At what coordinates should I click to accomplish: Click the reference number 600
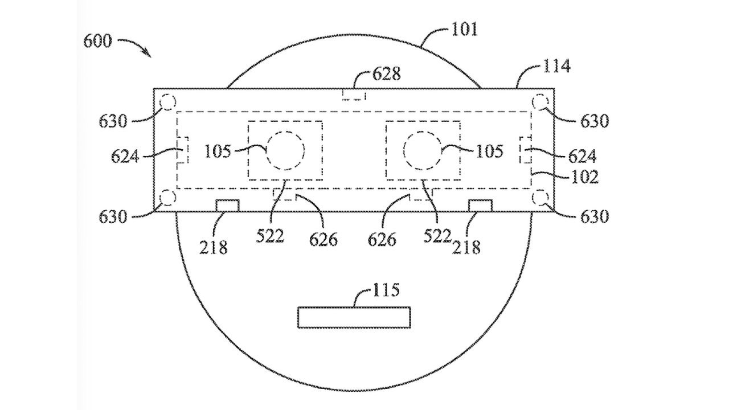pyautogui.click(x=97, y=42)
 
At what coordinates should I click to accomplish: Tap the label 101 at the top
pyautogui.click(x=464, y=30)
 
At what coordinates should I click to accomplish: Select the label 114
pyautogui.click(x=556, y=66)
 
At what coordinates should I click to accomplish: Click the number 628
pyautogui.click(x=386, y=74)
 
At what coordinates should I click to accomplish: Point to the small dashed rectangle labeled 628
pyautogui.click(x=354, y=95)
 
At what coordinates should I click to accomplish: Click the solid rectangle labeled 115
pyautogui.click(x=354, y=317)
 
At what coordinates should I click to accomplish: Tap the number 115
pyautogui.click(x=386, y=290)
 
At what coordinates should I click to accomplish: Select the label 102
pyautogui.click(x=584, y=177)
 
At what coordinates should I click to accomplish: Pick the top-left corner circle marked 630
pyautogui.click(x=168, y=102)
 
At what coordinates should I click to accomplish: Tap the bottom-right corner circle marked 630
pyautogui.click(x=540, y=198)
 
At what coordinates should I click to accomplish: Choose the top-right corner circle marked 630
pyautogui.click(x=540, y=102)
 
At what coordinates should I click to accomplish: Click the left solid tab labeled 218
pyautogui.click(x=227, y=206)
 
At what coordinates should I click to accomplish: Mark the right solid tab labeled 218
pyautogui.click(x=480, y=206)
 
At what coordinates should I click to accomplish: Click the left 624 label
pyautogui.click(x=125, y=157)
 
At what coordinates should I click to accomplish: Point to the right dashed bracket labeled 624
pyautogui.click(x=526, y=150)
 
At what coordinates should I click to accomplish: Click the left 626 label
pyautogui.click(x=323, y=240)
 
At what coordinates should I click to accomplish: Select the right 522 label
pyautogui.click(x=437, y=236)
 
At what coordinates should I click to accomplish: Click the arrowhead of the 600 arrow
pyautogui.click(x=149, y=55)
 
